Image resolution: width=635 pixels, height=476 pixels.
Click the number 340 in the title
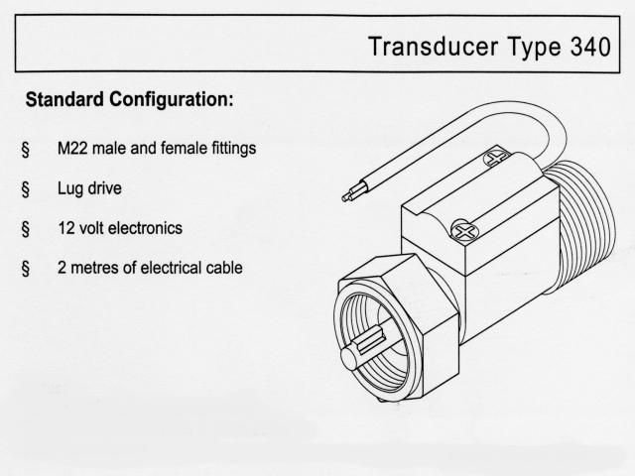pos(590,47)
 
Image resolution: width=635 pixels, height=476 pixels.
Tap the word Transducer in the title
pos(434,47)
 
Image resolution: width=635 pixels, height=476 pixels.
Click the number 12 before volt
pos(66,228)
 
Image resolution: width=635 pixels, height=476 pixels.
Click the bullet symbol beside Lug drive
pos(26,189)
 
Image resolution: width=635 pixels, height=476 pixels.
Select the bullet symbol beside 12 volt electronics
pos(26,229)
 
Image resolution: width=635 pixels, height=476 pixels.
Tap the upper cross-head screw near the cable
pos(498,157)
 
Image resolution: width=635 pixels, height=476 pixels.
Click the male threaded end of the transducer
pos(583,227)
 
